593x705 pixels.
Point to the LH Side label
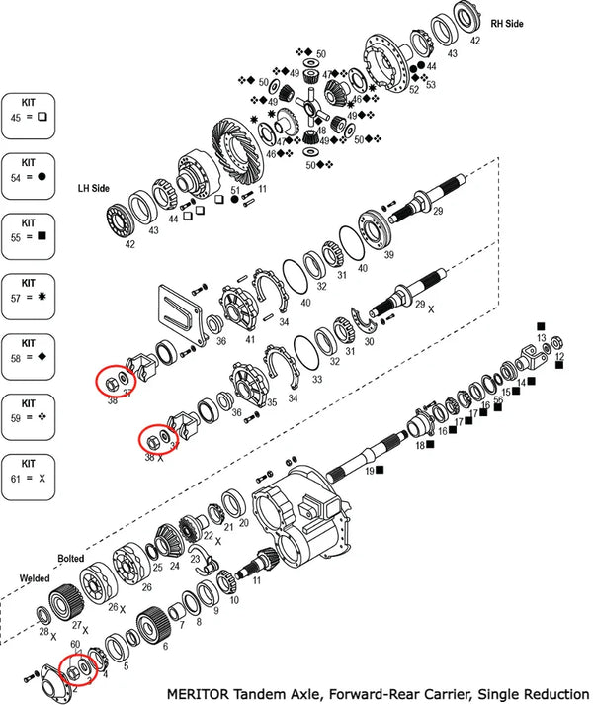click(94, 187)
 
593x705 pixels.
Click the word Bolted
click(72, 558)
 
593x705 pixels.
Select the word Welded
click(36, 578)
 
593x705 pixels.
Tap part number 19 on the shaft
click(368, 474)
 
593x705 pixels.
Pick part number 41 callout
click(251, 340)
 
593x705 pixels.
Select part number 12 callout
click(559, 355)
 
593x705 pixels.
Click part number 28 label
click(43, 631)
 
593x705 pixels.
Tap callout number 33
click(316, 379)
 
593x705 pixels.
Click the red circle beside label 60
click(76, 670)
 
